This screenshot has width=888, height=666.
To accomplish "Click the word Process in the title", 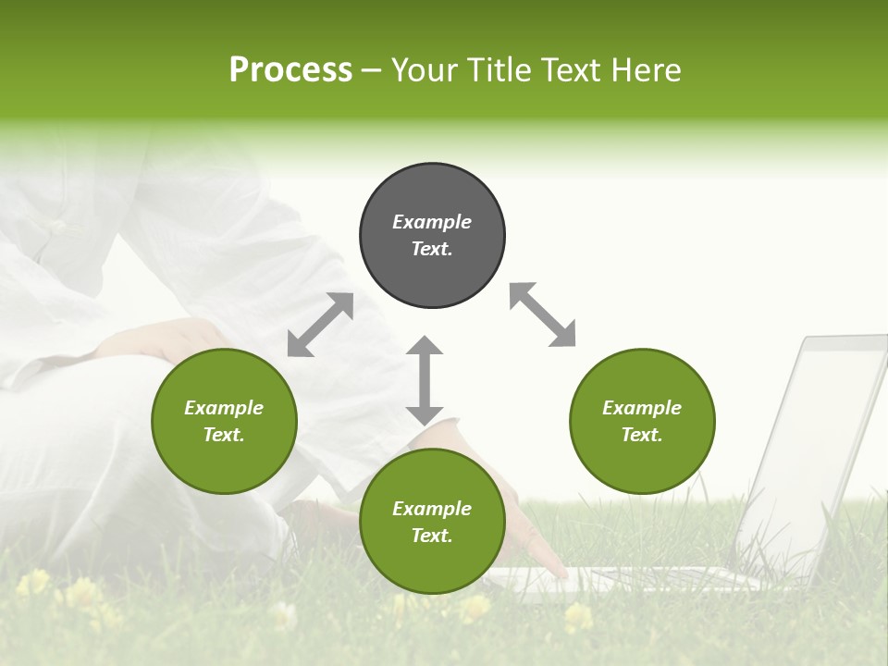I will click(290, 70).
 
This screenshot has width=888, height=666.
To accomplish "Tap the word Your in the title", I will click(424, 70).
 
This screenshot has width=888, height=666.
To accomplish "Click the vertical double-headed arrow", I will click(425, 381).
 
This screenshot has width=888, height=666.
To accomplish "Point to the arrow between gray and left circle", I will click(320, 325).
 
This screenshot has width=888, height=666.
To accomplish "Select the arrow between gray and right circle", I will click(542, 314).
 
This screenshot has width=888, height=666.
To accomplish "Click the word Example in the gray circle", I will click(432, 222).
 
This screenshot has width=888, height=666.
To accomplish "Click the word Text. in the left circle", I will click(224, 435).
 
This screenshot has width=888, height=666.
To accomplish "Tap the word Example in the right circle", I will click(642, 408).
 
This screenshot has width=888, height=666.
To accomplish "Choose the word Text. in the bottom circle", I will click(432, 536).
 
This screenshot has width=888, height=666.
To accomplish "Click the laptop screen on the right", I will click(814, 444).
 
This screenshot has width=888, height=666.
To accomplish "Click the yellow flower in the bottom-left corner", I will click(33, 583).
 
